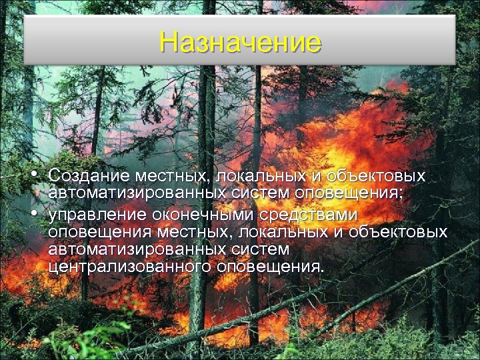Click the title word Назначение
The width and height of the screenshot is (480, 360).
[x=240, y=42]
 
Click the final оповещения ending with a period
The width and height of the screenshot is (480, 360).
[x=271, y=267]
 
